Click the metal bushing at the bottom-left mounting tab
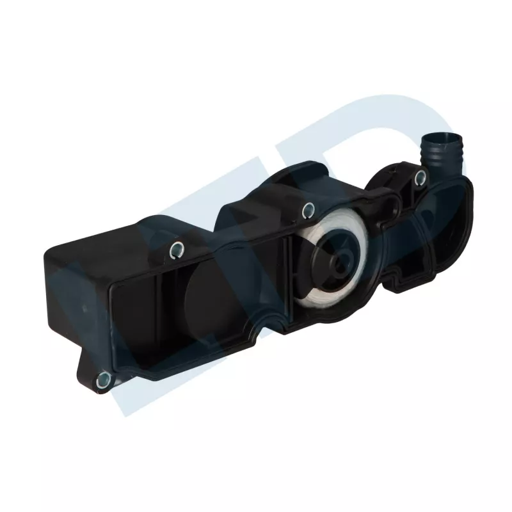point(102,381)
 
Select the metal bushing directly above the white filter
point(308,207)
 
